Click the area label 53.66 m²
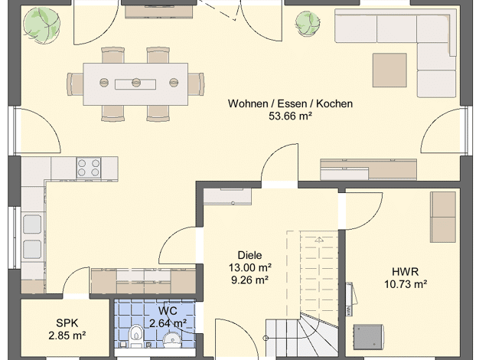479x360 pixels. pos(290,116)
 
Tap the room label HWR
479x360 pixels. pos(406,272)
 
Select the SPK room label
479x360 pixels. pos(67,323)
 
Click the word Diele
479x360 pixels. pos(249,255)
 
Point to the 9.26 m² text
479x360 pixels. pos(250,280)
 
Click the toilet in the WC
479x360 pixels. pos(135,336)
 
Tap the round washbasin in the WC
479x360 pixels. pos(171,340)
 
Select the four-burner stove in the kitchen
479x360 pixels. pos(89,168)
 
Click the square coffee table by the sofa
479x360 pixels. pos(389,70)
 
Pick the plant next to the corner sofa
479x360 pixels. pos(308,24)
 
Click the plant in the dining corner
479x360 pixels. pos(42,25)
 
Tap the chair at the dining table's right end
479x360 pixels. pos(196,84)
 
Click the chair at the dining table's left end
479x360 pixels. pos(75,84)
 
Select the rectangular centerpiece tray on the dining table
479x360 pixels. pos(135,84)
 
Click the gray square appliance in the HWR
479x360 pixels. pos(368,337)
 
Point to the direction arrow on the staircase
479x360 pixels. pos(318,240)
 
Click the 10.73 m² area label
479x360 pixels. pos(406,284)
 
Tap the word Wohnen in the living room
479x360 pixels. pos(248,103)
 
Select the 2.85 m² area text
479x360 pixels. pos(67,335)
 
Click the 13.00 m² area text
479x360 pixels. pos(250,267)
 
